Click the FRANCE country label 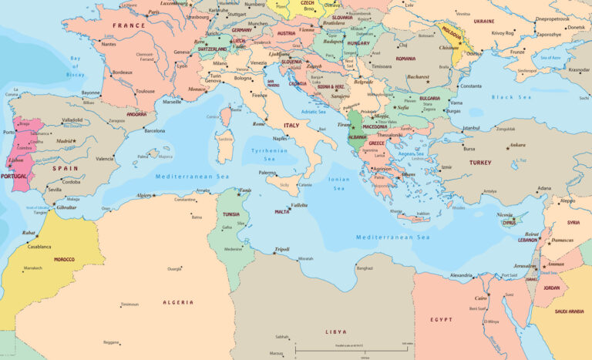(129, 25)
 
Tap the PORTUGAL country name (14, 176)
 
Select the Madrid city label (66, 141)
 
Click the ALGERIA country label (178, 302)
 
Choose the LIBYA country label (335, 331)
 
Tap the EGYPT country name (442, 319)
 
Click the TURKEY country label (480, 163)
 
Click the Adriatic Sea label (314, 112)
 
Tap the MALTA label (282, 211)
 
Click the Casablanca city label (39, 247)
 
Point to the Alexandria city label (461, 275)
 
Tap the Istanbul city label (470, 128)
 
